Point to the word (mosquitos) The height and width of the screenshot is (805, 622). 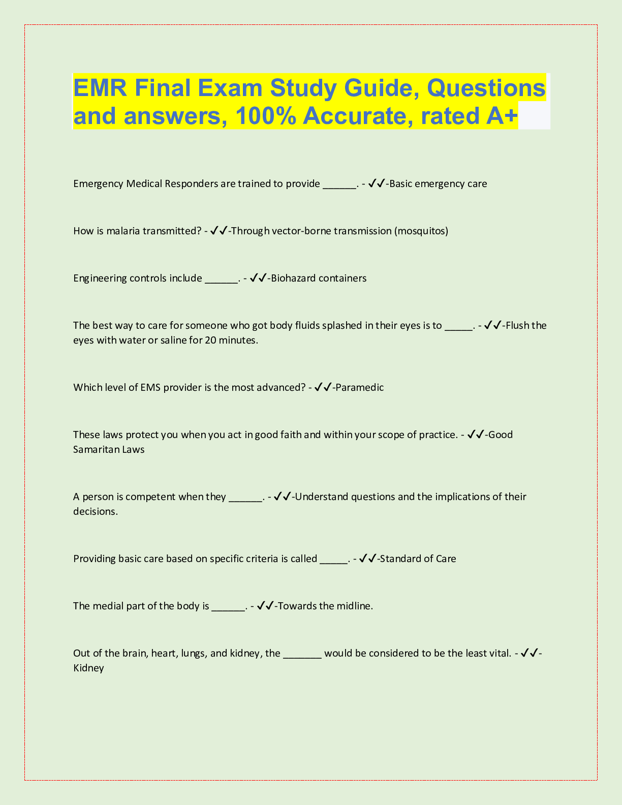point(421,231)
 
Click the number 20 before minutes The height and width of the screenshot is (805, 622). point(211,340)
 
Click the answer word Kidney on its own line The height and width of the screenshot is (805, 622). point(88,668)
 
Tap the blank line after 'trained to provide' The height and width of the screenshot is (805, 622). point(339,184)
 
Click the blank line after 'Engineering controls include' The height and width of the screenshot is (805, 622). point(221,278)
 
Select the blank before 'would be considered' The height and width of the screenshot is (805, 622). point(302,654)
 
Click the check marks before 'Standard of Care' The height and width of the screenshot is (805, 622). point(367,559)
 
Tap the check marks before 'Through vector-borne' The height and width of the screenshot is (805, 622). point(219,231)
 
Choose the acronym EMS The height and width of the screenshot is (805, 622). point(150,388)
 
